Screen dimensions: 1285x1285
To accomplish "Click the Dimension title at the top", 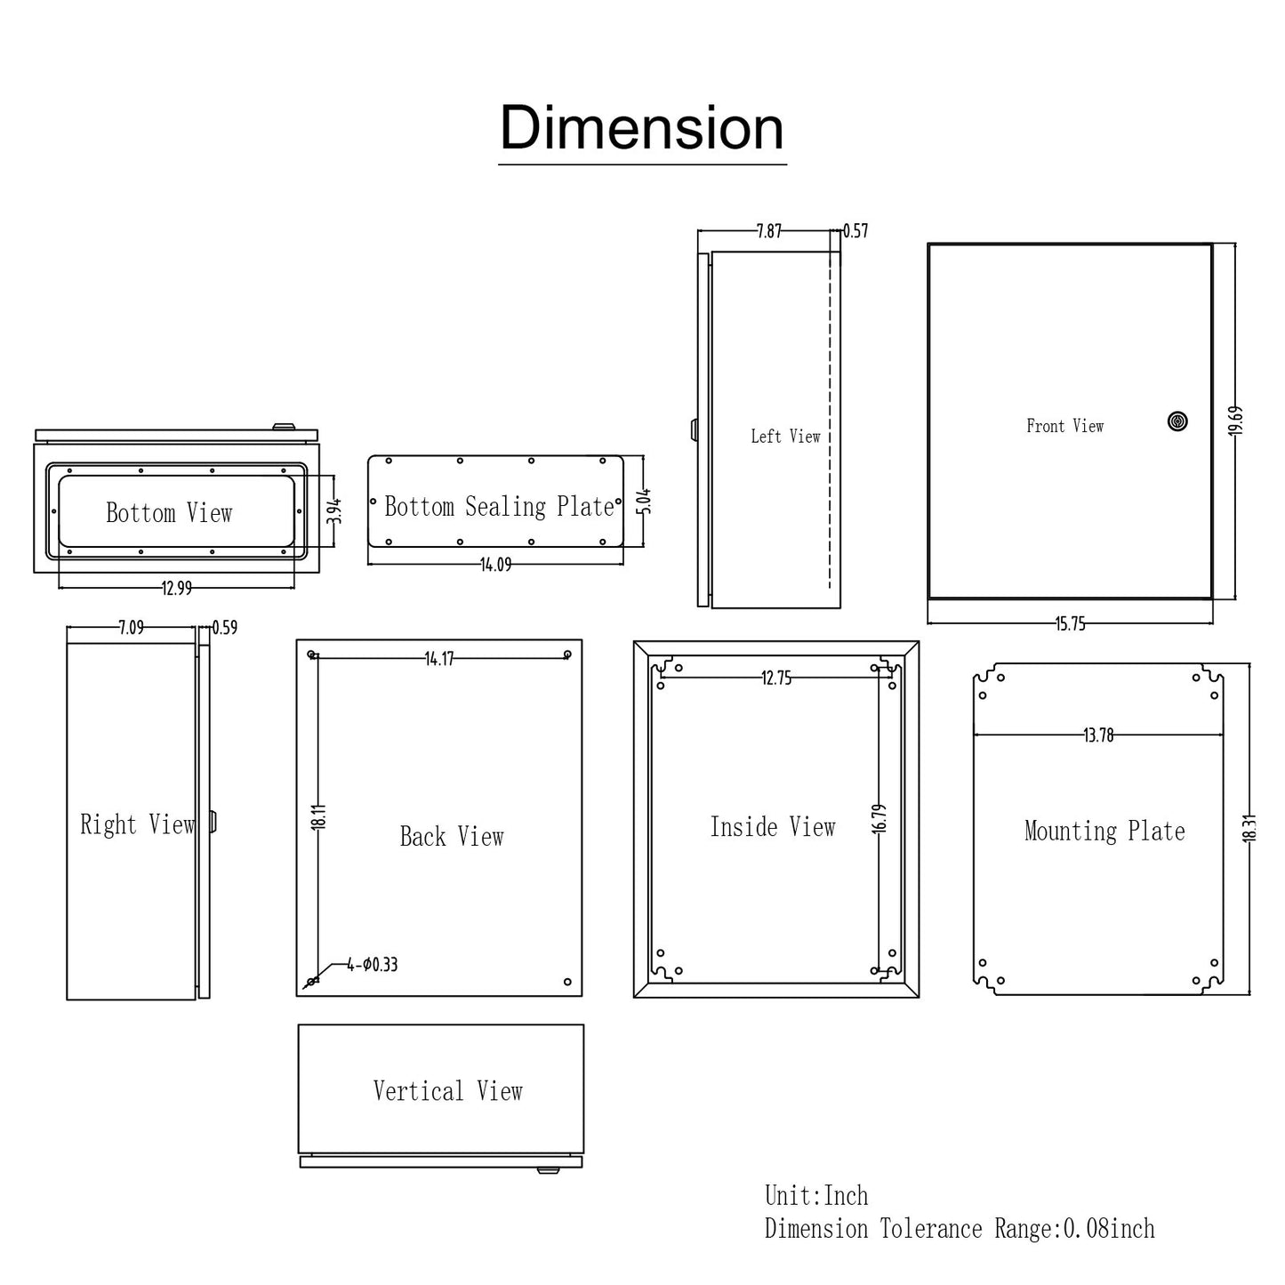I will (x=642, y=129).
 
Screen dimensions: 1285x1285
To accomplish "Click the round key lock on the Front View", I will (x=1177, y=422).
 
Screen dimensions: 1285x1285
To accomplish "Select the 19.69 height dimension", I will (x=1235, y=421).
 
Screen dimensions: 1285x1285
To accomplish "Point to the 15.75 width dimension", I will (x=1070, y=624).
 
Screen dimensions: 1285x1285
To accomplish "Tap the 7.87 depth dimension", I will (x=769, y=231).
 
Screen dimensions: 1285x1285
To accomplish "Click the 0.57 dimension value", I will (x=855, y=231).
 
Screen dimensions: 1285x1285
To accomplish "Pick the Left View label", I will (x=785, y=436).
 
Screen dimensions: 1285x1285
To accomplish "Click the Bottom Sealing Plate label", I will (x=499, y=507).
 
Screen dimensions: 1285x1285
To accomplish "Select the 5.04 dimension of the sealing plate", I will (x=645, y=501).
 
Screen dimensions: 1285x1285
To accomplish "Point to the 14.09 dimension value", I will (x=495, y=565).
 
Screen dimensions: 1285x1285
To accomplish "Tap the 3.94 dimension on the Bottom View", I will (x=334, y=510).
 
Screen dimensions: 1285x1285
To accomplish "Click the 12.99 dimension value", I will (x=176, y=588).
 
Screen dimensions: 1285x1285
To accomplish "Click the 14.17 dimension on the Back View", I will (x=439, y=659).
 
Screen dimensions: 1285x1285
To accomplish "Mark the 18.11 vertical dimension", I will (x=319, y=816).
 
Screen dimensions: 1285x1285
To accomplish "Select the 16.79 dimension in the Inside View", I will (x=879, y=818).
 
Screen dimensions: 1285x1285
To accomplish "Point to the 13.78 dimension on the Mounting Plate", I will (x=1098, y=735).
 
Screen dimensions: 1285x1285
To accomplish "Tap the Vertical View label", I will (x=447, y=1091).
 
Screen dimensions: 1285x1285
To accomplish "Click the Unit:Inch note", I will (x=816, y=1195).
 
